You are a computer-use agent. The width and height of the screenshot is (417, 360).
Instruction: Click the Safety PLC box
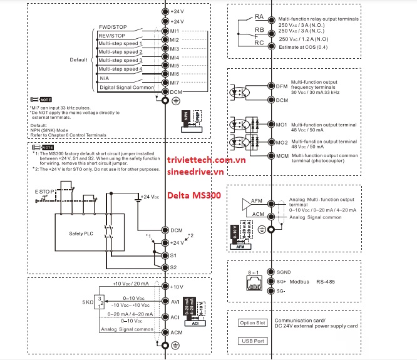click(x=80, y=234)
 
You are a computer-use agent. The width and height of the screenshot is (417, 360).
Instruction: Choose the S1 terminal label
click(x=173, y=255)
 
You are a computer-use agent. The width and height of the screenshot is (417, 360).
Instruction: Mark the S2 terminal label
click(x=173, y=267)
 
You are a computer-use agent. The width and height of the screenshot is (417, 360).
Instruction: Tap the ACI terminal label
click(x=175, y=317)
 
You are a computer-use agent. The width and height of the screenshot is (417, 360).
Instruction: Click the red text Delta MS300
click(x=193, y=195)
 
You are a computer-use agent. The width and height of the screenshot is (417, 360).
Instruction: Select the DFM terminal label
click(x=282, y=86)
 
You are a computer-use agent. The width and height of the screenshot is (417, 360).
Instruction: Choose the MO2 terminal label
click(x=282, y=142)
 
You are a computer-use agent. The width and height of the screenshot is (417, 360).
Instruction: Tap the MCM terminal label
click(x=282, y=155)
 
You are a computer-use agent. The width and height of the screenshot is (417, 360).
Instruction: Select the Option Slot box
click(x=252, y=322)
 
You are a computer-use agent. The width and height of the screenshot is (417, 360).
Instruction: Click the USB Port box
click(x=252, y=341)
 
